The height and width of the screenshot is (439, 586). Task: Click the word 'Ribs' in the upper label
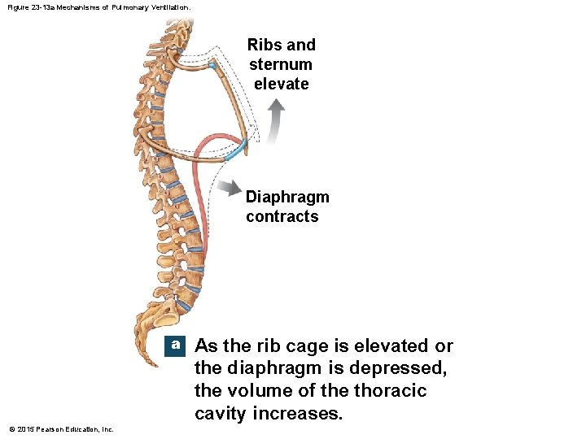point(262,45)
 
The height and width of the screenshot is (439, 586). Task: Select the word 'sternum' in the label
point(281,64)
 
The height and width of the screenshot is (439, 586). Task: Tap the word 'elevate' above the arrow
point(281,84)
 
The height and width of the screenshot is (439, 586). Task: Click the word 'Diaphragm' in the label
point(287,197)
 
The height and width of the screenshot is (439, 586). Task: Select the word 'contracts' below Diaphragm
point(282,216)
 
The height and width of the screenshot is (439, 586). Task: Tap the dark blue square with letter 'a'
point(175,345)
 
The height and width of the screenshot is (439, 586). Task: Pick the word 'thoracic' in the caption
point(390,391)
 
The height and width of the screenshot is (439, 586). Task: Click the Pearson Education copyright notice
point(61,428)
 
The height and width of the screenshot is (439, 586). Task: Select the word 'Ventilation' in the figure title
point(169,7)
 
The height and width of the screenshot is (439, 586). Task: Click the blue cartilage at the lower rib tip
point(235,150)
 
